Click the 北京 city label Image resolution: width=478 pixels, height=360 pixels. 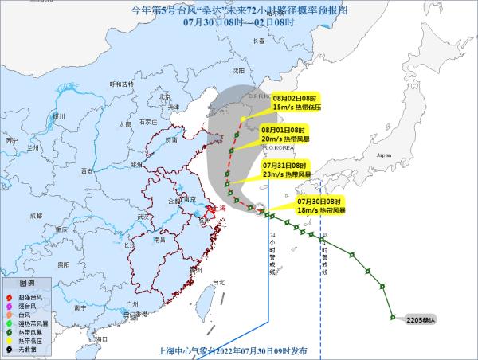(166, 96)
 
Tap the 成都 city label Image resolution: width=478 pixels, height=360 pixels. (37, 215)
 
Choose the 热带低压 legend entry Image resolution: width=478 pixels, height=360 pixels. (33, 338)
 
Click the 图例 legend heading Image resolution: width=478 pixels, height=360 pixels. (28, 284)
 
